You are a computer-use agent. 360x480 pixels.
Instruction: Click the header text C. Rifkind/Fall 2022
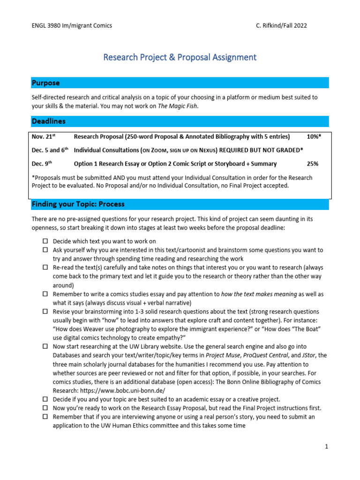278,25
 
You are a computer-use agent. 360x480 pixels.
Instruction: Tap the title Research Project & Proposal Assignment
180,57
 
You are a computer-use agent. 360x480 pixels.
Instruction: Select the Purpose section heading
46,83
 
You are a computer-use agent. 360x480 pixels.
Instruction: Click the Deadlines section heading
49,121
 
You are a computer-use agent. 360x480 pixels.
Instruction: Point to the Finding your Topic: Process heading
78,204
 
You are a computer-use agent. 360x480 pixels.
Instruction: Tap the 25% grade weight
312,164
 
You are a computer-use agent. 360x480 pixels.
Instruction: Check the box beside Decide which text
45,241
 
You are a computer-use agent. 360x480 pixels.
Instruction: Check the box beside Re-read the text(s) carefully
45,267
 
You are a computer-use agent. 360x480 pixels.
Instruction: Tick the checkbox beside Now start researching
45,346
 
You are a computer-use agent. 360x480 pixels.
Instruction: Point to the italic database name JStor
308,355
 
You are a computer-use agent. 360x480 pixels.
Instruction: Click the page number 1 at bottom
327,447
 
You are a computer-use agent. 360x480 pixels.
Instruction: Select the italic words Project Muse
228,355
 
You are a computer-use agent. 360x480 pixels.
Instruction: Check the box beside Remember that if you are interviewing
45,417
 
